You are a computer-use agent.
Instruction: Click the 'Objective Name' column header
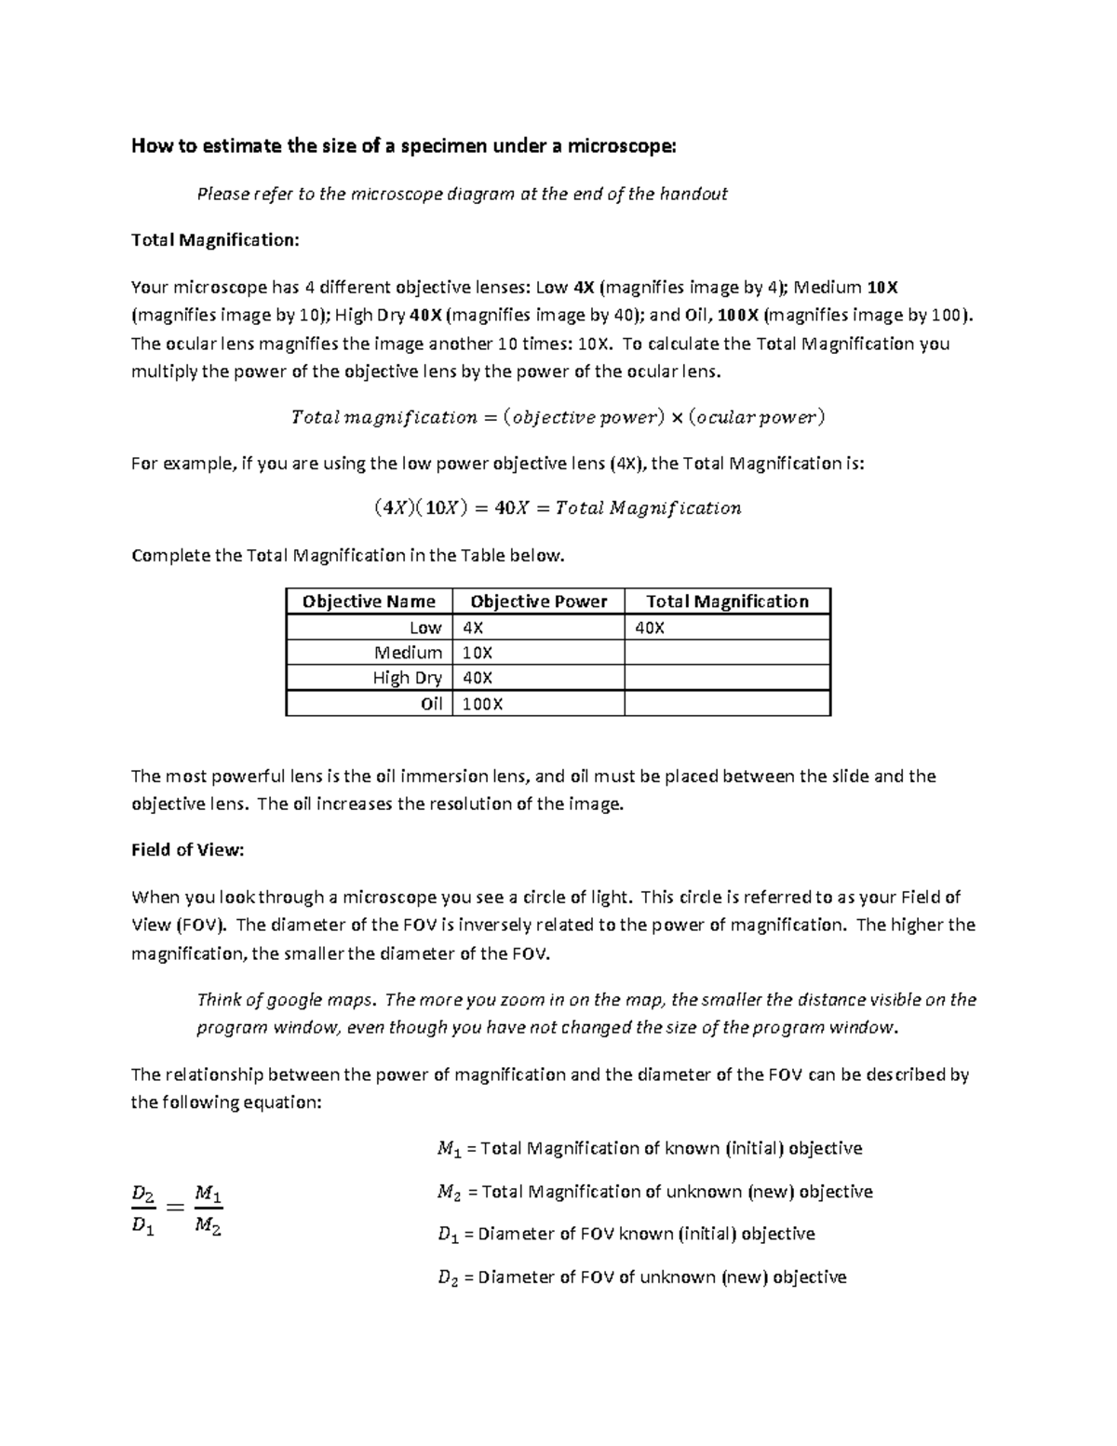click(x=369, y=601)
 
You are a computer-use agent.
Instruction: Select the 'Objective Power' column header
click(x=538, y=601)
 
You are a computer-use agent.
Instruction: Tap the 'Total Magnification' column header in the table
click(x=727, y=601)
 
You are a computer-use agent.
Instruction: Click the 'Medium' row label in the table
click(x=408, y=653)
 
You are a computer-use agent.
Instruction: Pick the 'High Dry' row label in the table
click(x=407, y=678)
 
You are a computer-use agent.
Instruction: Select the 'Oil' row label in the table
click(x=431, y=704)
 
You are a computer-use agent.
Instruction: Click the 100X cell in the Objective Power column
click(x=482, y=704)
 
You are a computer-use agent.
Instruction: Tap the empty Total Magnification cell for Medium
click(x=727, y=653)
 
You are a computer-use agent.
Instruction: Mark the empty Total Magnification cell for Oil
click(x=727, y=704)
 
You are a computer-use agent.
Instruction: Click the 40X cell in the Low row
click(x=650, y=628)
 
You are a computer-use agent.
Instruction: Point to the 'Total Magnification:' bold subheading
click(x=215, y=240)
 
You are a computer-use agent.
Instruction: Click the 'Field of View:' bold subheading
click(x=187, y=850)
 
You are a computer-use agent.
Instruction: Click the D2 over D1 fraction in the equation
click(x=143, y=1209)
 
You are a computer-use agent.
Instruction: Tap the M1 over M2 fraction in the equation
click(x=208, y=1209)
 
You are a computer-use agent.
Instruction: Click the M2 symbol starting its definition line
click(x=449, y=1193)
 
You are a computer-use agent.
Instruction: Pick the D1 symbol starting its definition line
click(x=448, y=1235)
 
